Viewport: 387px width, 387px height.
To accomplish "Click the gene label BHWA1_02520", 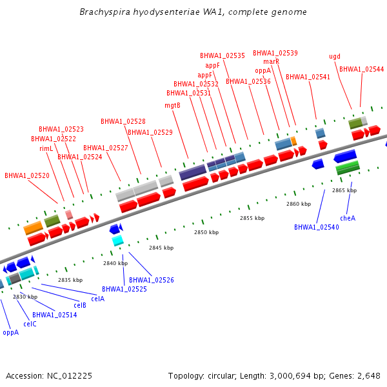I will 27,175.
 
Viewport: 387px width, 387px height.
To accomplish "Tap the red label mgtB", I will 172,105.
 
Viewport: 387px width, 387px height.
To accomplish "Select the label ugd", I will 335,56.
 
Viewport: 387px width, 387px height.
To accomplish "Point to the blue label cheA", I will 348,218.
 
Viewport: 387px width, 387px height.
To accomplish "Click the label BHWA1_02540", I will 316,227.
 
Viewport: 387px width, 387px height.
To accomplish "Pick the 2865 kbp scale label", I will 344,190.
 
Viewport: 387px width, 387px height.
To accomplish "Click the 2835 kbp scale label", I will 70,280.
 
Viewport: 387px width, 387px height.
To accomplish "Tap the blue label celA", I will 97,299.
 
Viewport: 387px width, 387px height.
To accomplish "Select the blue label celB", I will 80,305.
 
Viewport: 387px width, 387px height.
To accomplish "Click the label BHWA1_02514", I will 55,315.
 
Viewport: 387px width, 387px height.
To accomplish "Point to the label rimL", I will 46,148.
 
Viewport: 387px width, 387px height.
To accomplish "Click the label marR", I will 271,61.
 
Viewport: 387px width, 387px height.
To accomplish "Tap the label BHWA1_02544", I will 361,69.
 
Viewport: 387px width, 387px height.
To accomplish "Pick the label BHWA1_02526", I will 152,280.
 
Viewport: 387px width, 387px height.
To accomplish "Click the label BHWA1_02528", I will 123,121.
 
